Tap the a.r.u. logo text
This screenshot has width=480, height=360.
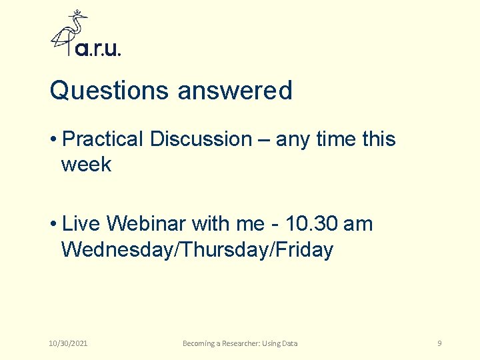click(x=98, y=49)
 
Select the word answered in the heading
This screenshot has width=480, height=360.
click(x=235, y=91)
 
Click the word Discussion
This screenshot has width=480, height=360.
click(x=201, y=139)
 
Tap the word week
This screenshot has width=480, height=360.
click(x=86, y=164)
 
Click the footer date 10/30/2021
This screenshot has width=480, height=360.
click(x=69, y=343)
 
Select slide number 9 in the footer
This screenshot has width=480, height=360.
click(x=439, y=343)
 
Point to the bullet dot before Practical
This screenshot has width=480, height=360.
click(x=53, y=139)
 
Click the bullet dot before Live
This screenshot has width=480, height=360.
click(x=53, y=224)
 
